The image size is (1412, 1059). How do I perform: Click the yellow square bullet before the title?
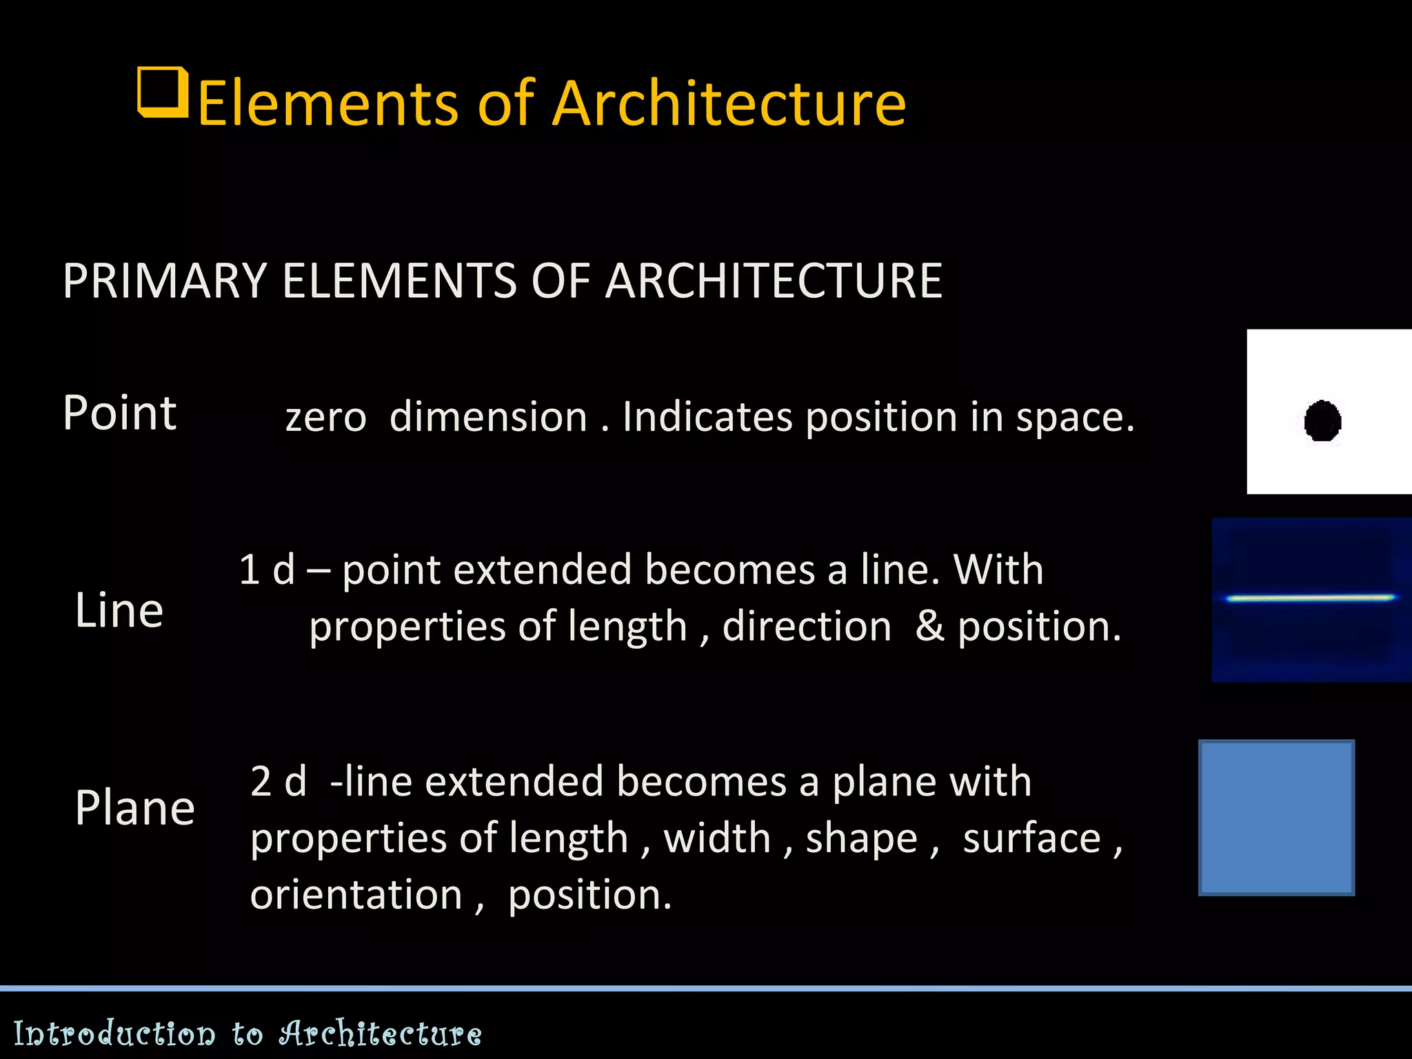[163, 92]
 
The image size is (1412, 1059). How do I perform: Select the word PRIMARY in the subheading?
[164, 281]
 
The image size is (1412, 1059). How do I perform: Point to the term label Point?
[119, 413]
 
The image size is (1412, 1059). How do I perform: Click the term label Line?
[119, 611]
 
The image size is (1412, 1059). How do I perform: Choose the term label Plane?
[135, 808]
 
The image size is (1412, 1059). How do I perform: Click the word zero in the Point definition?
[325, 418]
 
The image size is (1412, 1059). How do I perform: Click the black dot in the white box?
[1322, 421]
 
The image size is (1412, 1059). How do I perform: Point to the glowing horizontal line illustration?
[1310, 598]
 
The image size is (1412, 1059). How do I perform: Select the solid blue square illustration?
[1276, 818]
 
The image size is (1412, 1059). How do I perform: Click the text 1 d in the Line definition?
[267, 570]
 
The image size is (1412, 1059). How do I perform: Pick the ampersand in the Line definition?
[929, 627]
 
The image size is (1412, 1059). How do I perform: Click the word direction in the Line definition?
[807, 627]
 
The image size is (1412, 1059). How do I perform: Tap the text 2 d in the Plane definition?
[278, 782]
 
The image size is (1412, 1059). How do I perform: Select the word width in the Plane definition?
[717, 838]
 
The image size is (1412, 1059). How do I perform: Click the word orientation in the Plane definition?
[356, 895]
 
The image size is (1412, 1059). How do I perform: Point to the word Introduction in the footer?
[114, 1034]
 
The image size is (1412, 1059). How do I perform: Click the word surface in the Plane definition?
[1031, 838]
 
